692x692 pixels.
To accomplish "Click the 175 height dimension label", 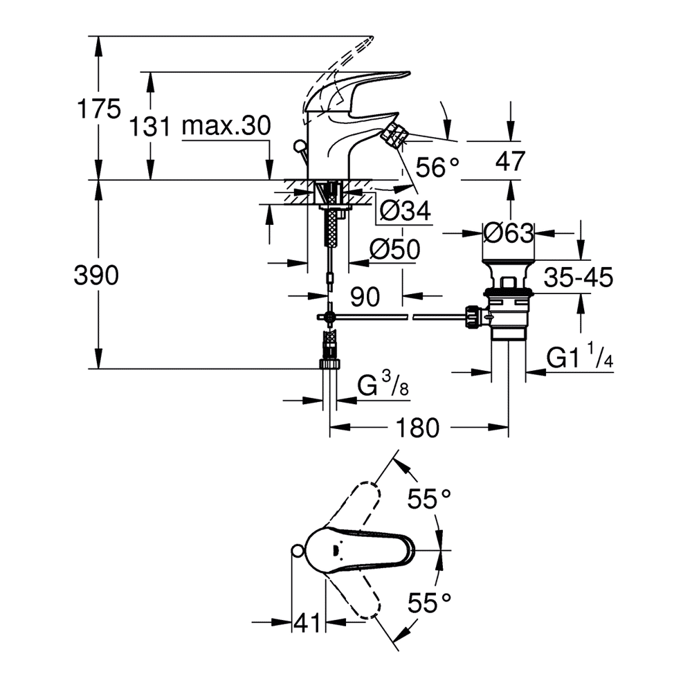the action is click(98, 109).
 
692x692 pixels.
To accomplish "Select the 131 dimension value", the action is click(149, 127).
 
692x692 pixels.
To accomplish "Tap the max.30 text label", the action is click(226, 126).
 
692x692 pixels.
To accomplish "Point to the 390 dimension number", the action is click(96, 275).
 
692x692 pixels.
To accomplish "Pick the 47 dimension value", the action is click(510, 161).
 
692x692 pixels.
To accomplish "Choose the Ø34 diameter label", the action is click(405, 210).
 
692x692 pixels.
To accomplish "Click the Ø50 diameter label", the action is click(395, 249).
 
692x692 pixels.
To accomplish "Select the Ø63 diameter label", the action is click(509, 233).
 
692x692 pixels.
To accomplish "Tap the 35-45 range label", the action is click(578, 277).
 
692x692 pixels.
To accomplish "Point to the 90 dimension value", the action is click(365, 297).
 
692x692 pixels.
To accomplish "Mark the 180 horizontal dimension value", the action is click(417, 428).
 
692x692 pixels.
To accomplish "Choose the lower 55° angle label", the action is click(429, 603).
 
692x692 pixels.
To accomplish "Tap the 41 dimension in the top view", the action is click(307, 623).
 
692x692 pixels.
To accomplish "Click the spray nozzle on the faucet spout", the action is click(397, 135).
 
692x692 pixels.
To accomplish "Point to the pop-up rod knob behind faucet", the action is click(299, 145).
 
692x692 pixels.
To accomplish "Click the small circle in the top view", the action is click(298, 550).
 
